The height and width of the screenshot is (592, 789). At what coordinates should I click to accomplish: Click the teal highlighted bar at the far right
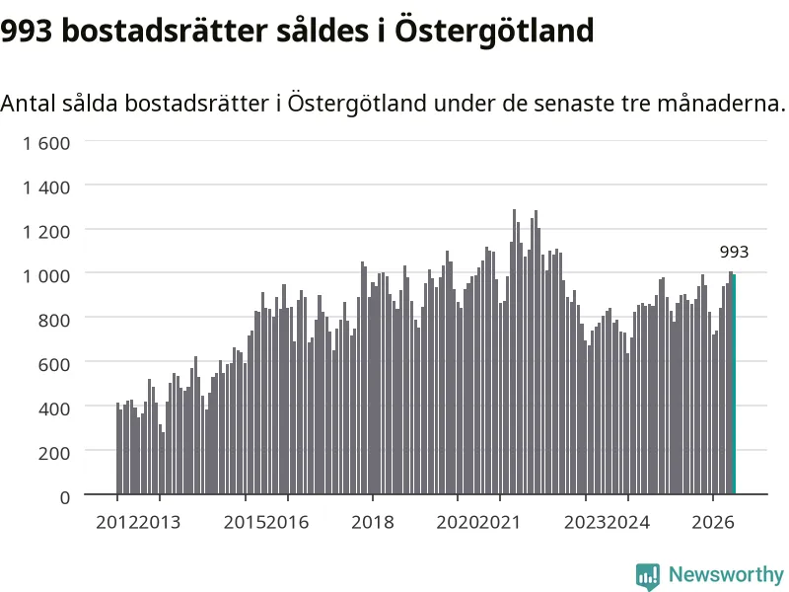pyautogui.click(x=734, y=384)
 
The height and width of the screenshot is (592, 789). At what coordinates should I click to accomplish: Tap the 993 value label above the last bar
pyautogui.click(x=734, y=252)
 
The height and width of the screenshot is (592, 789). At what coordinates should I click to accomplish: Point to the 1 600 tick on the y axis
pyautogui.click(x=46, y=143)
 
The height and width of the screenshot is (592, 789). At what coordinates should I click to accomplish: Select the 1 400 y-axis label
pyautogui.click(x=46, y=187)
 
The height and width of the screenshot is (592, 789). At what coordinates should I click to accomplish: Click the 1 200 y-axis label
pyautogui.click(x=46, y=232)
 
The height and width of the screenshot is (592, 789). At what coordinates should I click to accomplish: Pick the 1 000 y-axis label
pyautogui.click(x=46, y=276)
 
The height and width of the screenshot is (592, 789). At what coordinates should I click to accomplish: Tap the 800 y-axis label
pyautogui.click(x=54, y=321)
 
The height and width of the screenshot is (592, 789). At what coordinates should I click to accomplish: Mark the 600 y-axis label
pyautogui.click(x=54, y=365)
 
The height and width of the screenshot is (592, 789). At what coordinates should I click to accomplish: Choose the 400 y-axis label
pyautogui.click(x=54, y=408)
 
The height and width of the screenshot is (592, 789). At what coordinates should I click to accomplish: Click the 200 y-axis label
pyautogui.click(x=54, y=453)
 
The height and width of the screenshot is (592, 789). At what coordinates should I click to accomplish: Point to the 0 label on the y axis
pyautogui.click(x=65, y=497)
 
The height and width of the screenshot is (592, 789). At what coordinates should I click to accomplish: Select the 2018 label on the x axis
pyautogui.click(x=373, y=523)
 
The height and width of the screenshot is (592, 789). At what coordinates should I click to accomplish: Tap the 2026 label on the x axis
pyautogui.click(x=713, y=523)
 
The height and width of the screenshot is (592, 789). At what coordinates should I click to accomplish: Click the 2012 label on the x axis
pyautogui.click(x=116, y=523)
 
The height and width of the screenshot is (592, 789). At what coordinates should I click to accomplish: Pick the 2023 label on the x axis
pyautogui.click(x=585, y=523)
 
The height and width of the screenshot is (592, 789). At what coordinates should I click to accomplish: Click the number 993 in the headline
pyautogui.click(x=27, y=31)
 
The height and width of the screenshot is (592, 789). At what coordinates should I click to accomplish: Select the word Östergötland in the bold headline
pyautogui.click(x=494, y=31)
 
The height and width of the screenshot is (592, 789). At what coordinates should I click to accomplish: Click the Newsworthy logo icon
pyautogui.click(x=648, y=576)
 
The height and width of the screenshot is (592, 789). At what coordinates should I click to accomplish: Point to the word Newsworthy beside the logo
pyautogui.click(x=726, y=574)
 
